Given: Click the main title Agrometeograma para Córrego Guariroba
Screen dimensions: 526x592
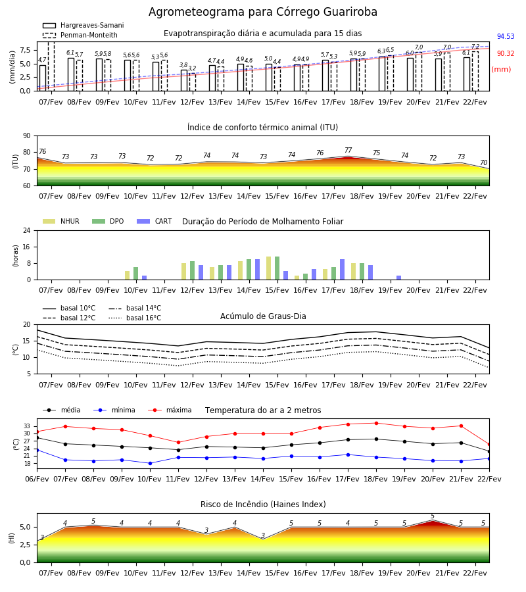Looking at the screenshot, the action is [262, 12].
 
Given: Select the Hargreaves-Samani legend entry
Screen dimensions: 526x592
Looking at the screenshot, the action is [83, 25].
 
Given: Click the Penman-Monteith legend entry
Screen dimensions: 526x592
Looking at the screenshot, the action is [80, 35].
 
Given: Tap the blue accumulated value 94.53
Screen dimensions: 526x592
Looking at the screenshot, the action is [506, 36].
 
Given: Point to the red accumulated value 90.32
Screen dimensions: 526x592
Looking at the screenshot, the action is [506, 53].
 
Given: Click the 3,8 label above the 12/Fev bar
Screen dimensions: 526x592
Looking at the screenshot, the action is [183, 65].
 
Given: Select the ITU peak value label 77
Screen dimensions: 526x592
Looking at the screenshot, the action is [348, 150].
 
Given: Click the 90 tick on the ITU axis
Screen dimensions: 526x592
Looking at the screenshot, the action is [27, 136].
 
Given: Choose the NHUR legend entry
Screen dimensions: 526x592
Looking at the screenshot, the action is [61, 221].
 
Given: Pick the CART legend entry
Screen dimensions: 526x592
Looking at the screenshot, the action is [154, 221].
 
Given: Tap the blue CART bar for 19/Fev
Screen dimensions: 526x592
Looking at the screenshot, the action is [399, 278].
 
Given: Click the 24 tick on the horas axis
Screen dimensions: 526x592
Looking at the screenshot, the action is [27, 231].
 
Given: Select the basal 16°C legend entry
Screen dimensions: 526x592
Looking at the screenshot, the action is [135, 318].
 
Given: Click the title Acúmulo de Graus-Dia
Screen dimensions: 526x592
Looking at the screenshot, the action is [263, 316].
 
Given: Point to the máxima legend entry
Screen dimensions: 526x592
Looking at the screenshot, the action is [170, 410].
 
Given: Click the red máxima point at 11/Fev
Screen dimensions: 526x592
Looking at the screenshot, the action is [178, 443].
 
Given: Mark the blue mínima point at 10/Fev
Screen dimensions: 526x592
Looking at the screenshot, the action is [150, 463].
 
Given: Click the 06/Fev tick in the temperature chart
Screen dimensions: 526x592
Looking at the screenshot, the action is [37, 479].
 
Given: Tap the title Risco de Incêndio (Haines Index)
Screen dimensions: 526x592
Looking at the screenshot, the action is [263, 505].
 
